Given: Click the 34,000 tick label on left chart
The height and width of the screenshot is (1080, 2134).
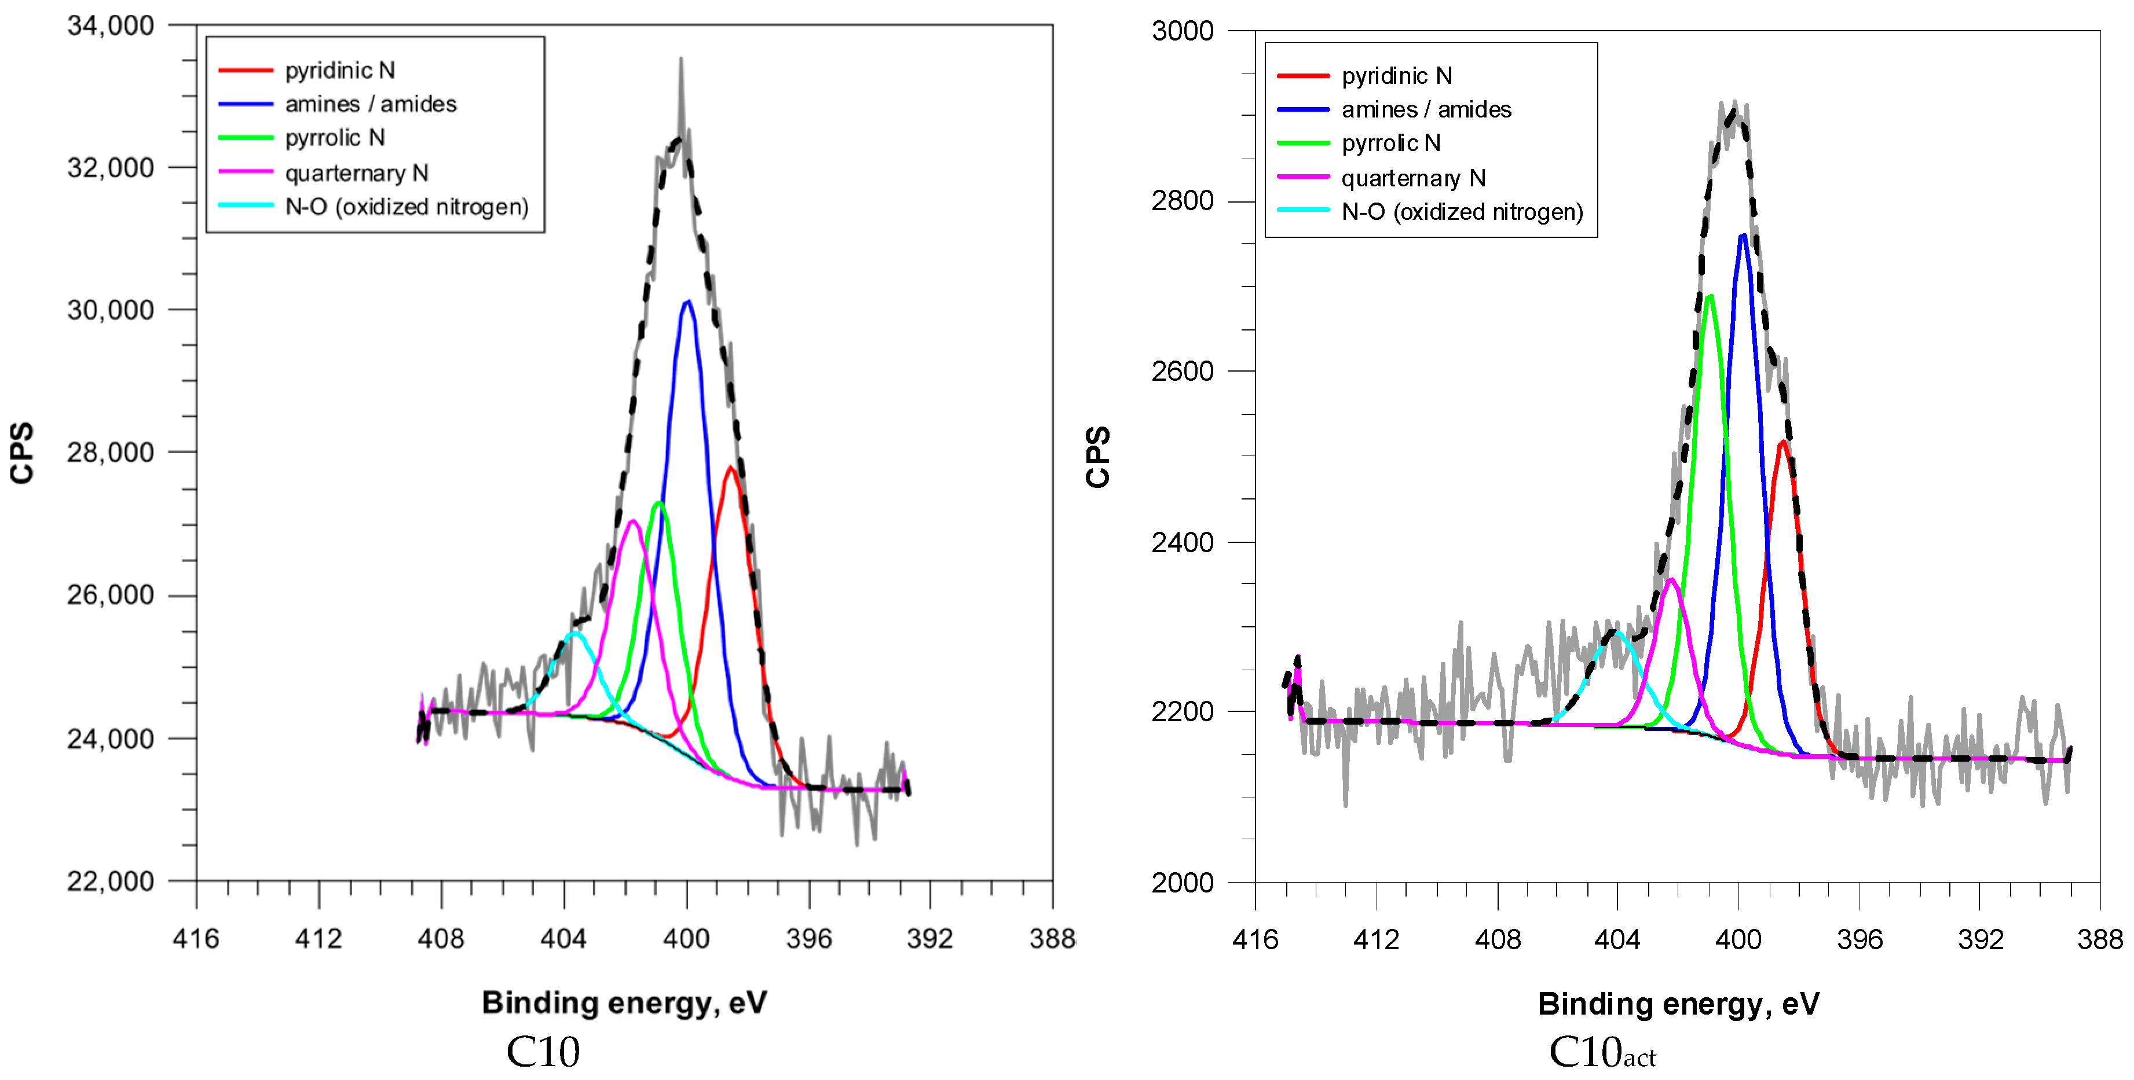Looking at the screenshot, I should [x=110, y=25].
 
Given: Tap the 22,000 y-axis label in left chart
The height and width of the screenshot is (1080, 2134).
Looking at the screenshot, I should [x=110, y=881].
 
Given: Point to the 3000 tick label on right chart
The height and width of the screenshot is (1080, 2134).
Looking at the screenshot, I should [x=1182, y=31].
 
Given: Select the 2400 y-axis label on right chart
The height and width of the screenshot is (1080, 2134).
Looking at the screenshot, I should [x=1182, y=542].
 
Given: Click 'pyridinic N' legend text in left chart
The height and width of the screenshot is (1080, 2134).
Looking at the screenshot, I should [x=340, y=71].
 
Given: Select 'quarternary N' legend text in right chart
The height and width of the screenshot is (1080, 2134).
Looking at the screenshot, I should [x=1413, y=178].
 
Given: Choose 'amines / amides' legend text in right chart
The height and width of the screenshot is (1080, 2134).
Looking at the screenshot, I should [x=1426, y=109].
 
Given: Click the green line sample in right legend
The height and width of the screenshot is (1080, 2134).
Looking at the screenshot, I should [x=1303, y=144].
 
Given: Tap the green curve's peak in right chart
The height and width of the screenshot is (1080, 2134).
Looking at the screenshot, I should [x=1710, y=296].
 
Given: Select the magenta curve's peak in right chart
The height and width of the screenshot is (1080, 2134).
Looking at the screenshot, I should [x=1672, y=580].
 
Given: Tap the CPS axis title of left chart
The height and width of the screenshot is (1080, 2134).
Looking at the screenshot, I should [x=23, y=453].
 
